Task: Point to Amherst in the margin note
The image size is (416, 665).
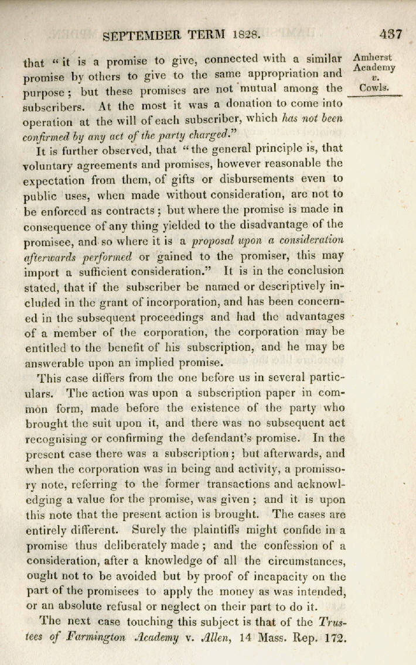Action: pyautogui.click(x=373, y=58)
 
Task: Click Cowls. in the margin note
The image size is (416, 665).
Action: pyautogui.click(x=374, y=88)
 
